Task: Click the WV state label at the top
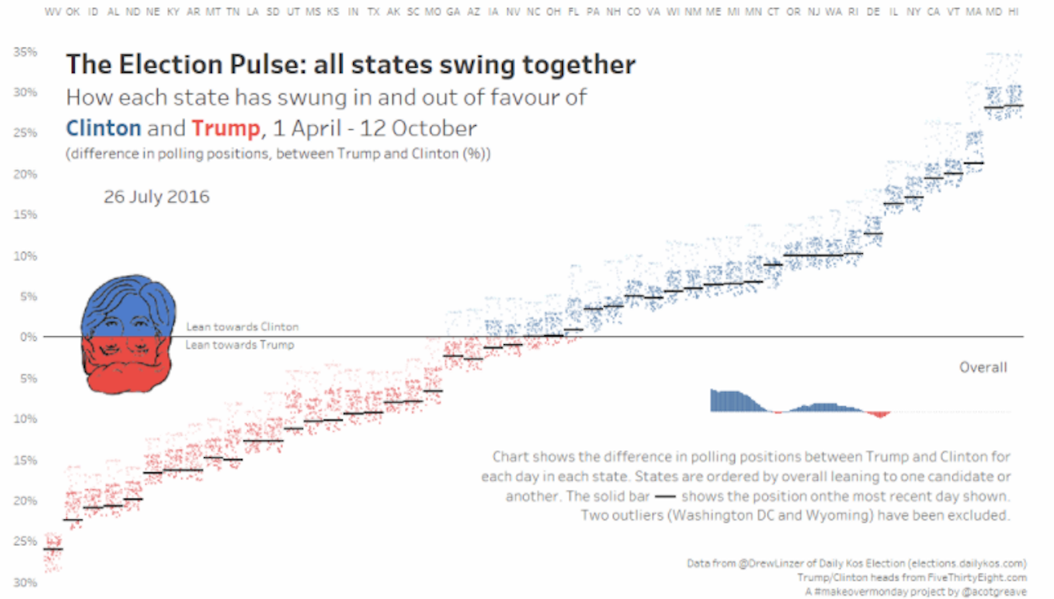coord(53,13)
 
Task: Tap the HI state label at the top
coord(1013,13)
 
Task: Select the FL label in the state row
coord(573,13)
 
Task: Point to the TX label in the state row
coord(373,13)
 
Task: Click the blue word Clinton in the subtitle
coord(103,128)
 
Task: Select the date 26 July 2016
coord(156,197)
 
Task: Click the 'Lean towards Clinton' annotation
coord(242,327)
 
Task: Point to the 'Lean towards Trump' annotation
coord(239,345)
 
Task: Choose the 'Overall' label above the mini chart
coord(982,367)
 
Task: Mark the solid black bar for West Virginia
coord(53,549)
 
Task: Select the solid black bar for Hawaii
coord(1013,106)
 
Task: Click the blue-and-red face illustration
coord(128,335)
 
